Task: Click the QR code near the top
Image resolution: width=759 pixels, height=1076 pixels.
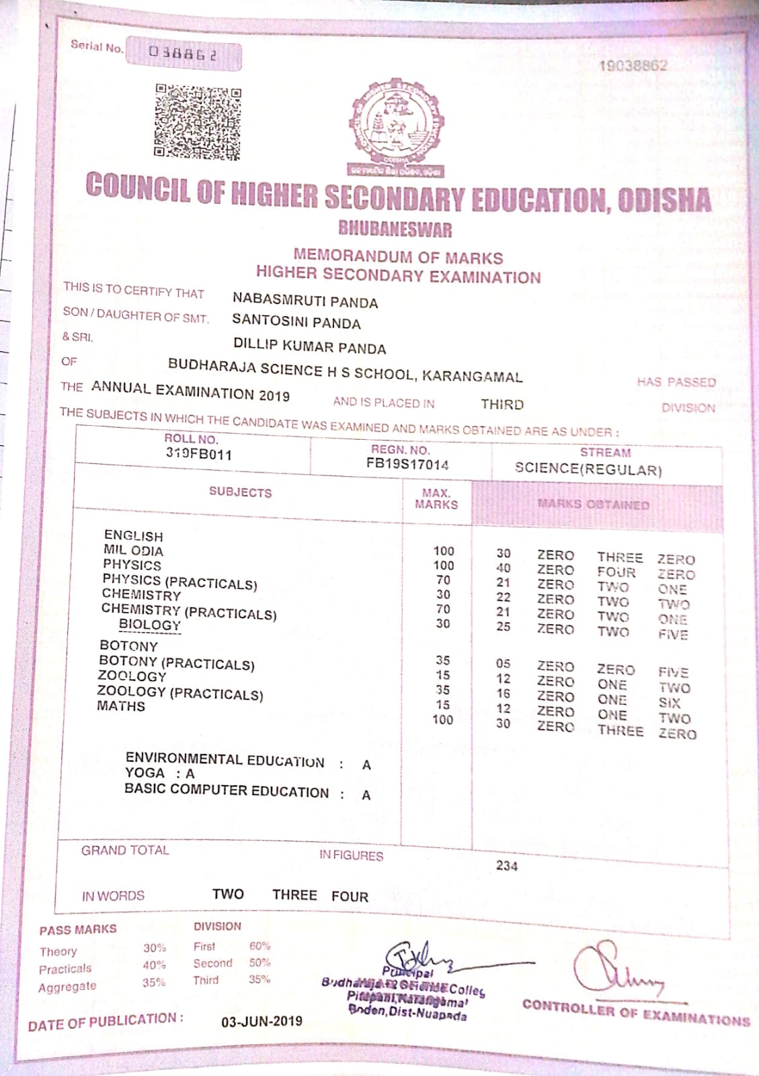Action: tap(198, 122)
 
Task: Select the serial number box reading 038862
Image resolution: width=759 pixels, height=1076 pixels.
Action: tap(184, 53)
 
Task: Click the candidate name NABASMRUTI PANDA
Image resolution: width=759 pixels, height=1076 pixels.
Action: tap(305, 301)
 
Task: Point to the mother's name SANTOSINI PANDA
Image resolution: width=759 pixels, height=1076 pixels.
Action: tap(296, 322)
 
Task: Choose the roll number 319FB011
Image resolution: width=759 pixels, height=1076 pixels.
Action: tap(199, 454)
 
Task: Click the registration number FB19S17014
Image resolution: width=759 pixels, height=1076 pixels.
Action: tap(407, 463)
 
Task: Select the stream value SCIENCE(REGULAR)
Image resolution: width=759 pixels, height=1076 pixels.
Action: tap(588, 469)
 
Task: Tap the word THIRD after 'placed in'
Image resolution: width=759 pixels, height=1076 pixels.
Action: tap(502, 404)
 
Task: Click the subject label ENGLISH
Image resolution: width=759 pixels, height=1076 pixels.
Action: tap(134, 535)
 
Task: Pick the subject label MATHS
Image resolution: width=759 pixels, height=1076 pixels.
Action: tap(121, 706)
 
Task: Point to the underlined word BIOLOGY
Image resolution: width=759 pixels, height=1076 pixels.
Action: tap(150, 625)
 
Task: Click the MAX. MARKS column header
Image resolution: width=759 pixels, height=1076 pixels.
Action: tap(436, 498)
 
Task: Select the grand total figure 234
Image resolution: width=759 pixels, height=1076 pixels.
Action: tap(507, 866)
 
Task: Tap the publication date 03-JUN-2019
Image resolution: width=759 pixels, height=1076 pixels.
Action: tap(262, 1022)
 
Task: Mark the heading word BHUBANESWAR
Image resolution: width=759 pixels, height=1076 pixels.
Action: tap(395, 229)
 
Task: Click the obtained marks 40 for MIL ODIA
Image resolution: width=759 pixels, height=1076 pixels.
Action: tap(503, 568)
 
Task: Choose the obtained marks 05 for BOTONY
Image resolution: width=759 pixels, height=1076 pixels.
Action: tap(503, 664)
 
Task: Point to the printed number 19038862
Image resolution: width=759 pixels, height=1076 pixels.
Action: tap(633, 65)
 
